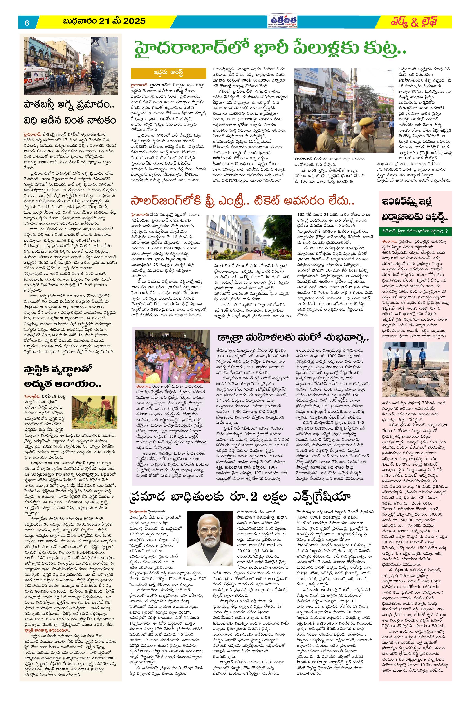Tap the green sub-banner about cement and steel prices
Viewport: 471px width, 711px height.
(415, 231)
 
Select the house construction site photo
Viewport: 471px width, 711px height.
(415, 369)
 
